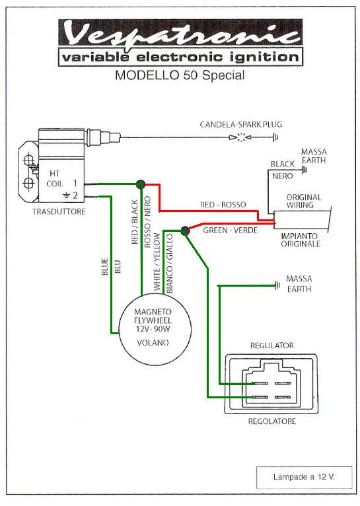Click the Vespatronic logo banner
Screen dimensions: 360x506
pyautogui.click(x=180, y=33)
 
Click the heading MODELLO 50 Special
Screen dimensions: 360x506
pyautogui.click(x=180, y=75)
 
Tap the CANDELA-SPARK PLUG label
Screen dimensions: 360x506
pyautogui.click(x=240, y=124)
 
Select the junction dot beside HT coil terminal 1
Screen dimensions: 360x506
pyautogui.click(x=141, y=184)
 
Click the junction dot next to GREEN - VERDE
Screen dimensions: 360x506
pyautogui.click(x=185, y=231)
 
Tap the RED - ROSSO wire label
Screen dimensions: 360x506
pyautogui.click(x=223, y=205)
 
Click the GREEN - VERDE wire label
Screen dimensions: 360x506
pyautogui.click(x=231, y=231)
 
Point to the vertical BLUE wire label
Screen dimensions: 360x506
pyautogui.click(x=105, y=267)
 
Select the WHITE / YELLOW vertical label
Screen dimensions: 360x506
pyautogui.click(x=157, y=262)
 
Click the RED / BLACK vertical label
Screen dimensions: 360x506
pyautogui.click(x=135, y=222)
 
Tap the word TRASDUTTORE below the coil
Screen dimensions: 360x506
pyautogui.click(x=59, y=211)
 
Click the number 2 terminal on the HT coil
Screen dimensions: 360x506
pyautogui.click(x=75, y=196)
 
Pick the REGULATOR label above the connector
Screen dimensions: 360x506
pyautogui.click(x=272, y=345)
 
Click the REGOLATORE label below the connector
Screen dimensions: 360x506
pyautogui.click(x=272, y=421)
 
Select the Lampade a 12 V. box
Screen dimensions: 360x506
pyautogui.click(x=305, y=477)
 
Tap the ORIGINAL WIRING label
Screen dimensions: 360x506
pyautogui.click(x=304, y=201)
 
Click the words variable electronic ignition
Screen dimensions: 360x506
pyautogui.click(x=180, y=57)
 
